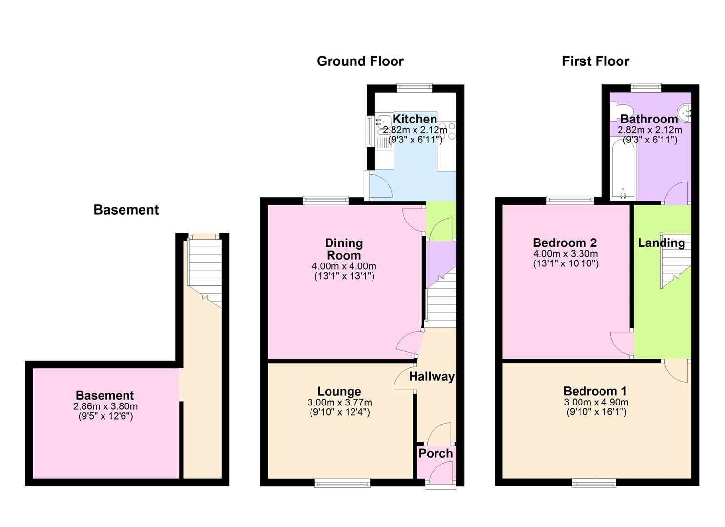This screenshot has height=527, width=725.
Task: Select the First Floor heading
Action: click(x=595, y=61)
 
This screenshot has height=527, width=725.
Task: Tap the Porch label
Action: click(x=435, y=453)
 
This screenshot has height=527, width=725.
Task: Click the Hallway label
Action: click(x=432, y=377)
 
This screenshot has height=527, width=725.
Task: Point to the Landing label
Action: click(x=661, y=243)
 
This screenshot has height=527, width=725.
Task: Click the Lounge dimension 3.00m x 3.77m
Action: click(x=339, y=403)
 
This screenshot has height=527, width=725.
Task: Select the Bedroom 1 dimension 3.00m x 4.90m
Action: click(x=596, y=402)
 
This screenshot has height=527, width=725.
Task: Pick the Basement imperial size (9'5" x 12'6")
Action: click(x=105, y=416)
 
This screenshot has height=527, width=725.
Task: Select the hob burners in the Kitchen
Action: click(x=447, y=131)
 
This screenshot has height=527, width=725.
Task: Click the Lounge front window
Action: click(x=342, y=484)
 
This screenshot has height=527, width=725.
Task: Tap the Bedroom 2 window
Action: click(x=570, y=200)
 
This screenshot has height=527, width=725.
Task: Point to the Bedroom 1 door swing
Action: click(x=676, y=371)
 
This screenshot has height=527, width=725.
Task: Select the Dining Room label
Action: click(x=344, y=249)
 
